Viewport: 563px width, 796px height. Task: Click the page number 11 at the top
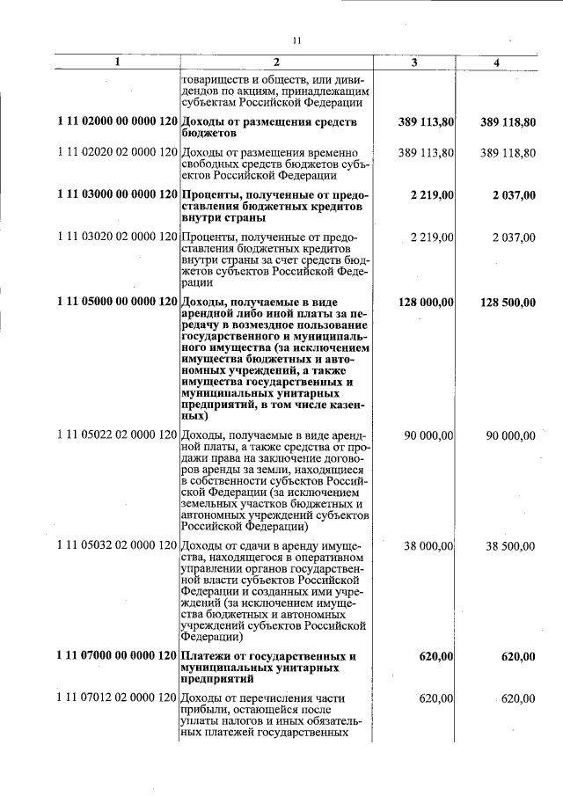[x=296, y=40]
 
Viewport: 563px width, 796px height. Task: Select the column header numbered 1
[x=118, y=62]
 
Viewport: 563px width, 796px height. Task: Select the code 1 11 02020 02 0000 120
[x=117, y=153]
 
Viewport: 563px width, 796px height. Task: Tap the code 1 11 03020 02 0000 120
[x=117, y=237]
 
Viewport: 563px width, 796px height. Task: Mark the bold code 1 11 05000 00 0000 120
[x=117, y=303]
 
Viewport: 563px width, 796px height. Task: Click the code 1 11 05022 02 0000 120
[x=117, y=435]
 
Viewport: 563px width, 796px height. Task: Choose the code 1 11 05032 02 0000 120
[x=117, y=546]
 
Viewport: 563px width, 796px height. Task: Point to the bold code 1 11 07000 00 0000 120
[x=117, y=657]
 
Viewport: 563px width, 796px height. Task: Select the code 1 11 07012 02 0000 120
[x=117, y=698]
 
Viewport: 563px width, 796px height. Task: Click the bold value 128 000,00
[x=426, y=303]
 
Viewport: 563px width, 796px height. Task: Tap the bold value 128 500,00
[x=508, y=303]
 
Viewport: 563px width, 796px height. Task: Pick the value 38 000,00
[x=428, y=546]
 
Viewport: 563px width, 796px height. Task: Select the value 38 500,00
[x=510, y=546]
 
